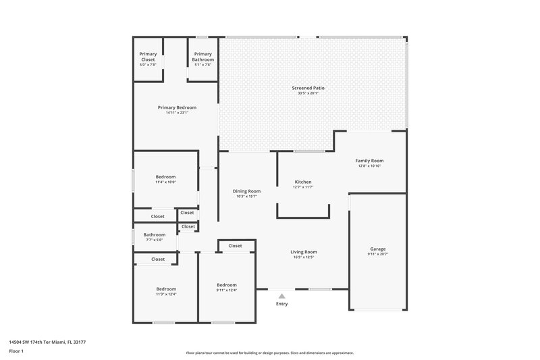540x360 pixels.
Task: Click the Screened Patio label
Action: (305, 88)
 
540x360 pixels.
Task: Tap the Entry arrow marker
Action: (281, 295)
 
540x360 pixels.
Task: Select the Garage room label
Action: (378, 249)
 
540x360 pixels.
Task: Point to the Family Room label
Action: (369, 161)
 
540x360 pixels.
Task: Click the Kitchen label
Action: (303, 182)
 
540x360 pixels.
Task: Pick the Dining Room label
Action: (246, 191)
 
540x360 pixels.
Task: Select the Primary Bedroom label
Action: (177, 107)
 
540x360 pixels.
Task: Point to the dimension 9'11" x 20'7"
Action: (378, 254)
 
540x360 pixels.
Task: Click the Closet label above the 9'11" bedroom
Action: (235, 246)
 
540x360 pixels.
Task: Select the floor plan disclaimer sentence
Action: (269, 353)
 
